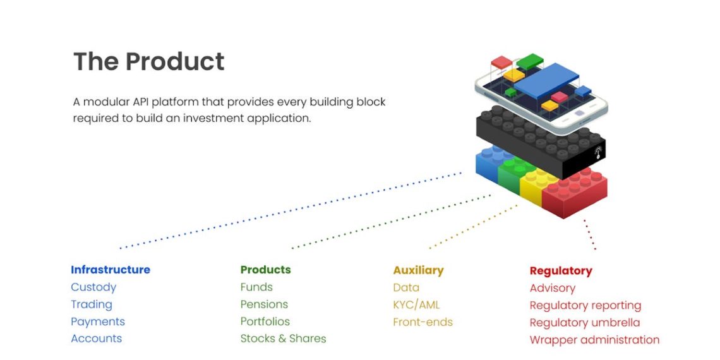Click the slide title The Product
tap(149, 62)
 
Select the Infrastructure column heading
tap(111, 270)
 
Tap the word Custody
tap(93, 287)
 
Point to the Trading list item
tap(92, 304)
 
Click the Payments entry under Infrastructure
tap(98, 321)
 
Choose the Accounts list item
tap(96, 339)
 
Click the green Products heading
tap(265, 270)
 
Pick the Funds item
tap(256, 287)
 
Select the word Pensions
tap(264, 304)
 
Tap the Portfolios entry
tap(265, 321)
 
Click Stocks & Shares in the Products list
tap(283, 339)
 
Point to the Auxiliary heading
tap(418, 270)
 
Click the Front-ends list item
tap(423, 322)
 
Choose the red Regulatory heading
tap(561, 271)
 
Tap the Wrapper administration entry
tap(594, 340)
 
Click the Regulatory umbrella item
tap(584, 323)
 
